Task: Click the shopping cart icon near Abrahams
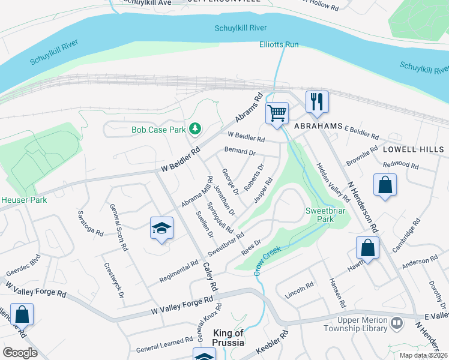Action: click(x=277, y=113)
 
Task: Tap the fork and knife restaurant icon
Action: click(x=317, y=101)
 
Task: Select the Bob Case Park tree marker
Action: click(x=194, y=128)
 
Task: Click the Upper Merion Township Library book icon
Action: click(x=396, y=324)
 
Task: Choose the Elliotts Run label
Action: click(x=279, y=45)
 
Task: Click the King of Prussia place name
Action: click(x=228, y=338)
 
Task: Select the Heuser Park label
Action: click(x=24, y=199)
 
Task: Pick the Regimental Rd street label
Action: click(x=179, y=272)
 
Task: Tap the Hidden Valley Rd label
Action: click(x=333, y=182)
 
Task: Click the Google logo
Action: click(x=20, y=353)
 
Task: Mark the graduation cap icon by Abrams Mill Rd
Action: click(x=161, y=228)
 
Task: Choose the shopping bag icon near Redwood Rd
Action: click(x=384, y=185)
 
